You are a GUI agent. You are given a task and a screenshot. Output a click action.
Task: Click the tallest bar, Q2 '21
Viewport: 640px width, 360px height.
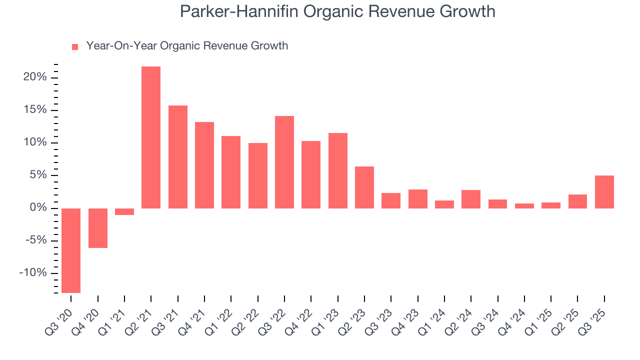click(x=151, y=137)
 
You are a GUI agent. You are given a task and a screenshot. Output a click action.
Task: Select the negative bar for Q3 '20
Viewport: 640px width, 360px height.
click(x=71, y=250)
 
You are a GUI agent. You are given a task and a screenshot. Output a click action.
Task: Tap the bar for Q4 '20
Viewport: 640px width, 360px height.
click(x=98, y=228)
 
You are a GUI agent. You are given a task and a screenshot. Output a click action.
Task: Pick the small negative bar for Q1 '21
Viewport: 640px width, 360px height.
click(x=124, y=211)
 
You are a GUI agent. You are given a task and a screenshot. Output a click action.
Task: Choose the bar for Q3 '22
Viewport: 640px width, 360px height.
click(x=284, y=162)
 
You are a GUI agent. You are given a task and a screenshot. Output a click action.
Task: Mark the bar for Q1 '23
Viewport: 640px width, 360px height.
click(x=338, y=170)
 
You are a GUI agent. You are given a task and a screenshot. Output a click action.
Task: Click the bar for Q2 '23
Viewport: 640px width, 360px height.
click(x=364, y=187)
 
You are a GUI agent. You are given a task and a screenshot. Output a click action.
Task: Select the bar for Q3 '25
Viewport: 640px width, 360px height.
click(x=604, y=191)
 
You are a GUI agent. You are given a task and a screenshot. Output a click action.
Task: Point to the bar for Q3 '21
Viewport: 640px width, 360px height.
click(x=178, y=156)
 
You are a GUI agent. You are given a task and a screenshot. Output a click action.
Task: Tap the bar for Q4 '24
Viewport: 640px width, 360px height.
click(x=524, y=205)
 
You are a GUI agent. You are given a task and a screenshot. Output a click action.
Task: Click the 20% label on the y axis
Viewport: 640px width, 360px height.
click(x=35, y=77)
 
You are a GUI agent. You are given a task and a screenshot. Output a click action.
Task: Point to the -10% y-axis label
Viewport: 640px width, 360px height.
click(x=33, y=273)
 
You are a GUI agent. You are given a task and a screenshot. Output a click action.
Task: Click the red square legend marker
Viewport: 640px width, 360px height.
click(x=75, y=46)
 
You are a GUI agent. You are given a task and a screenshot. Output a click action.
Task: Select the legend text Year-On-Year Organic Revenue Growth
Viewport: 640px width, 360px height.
click(x=187, y=46)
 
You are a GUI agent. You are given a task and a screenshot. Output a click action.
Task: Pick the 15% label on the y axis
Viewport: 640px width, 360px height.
click(x=35, y=110)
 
